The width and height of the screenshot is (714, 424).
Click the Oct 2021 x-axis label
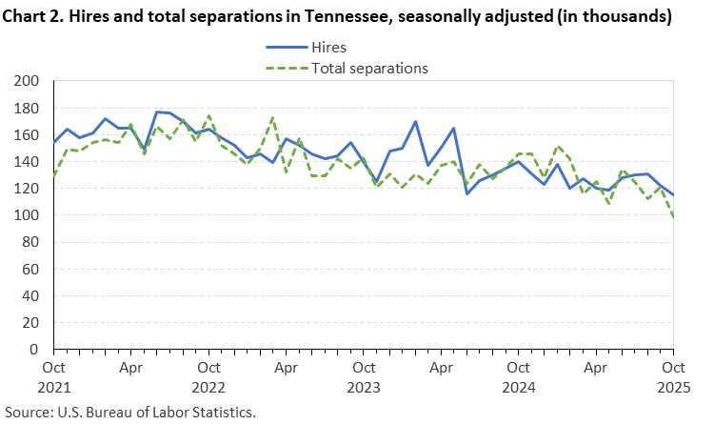[53, 375]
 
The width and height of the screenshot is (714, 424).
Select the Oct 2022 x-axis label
[208, 375]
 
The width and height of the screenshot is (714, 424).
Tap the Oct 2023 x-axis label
[364, 375]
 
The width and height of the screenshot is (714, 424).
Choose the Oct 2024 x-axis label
[518, 375]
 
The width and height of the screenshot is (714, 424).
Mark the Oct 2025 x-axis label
[673, 375]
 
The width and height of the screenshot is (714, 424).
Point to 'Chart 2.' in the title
[37, 16]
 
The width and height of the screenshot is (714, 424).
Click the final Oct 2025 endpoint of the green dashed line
[673, 217]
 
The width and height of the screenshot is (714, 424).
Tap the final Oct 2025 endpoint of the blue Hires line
[673, 195]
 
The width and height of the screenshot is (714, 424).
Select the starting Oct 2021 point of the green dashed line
[54, 175]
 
